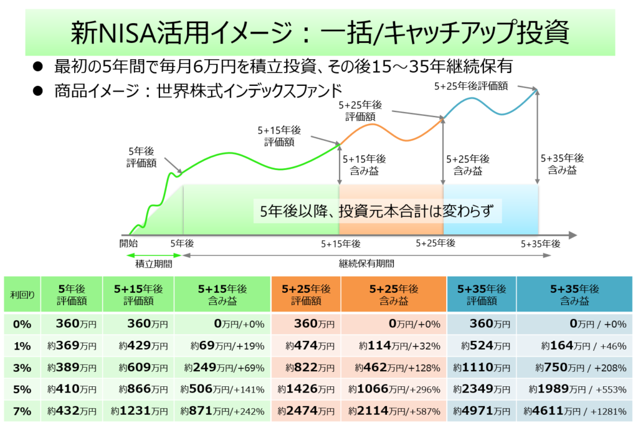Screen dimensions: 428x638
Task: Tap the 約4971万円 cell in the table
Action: point(481,411)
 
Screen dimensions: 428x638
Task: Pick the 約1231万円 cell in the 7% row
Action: point(139,411)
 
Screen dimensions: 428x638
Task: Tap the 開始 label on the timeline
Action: point(128,242)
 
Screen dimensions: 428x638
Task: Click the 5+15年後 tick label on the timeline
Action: point(341,243)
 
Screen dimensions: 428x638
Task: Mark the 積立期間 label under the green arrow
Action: point(154,264)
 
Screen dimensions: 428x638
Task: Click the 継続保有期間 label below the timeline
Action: point(366,264)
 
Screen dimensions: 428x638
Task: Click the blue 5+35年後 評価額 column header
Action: point(481,295)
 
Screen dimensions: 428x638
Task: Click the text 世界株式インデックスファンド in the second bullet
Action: point(245,89)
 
